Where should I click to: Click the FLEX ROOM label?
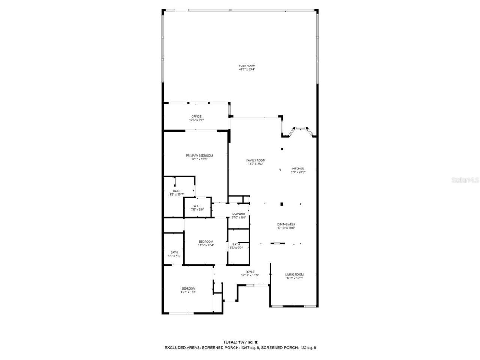[x=247, y=66]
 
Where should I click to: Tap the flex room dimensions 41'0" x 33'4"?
[x=247, y=69]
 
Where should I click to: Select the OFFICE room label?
[x=196, y=117]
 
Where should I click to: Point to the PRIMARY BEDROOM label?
[x=199, y=156]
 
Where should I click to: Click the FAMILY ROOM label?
[x=256, y=160]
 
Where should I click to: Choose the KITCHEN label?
[x=298, y=169]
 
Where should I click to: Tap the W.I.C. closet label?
[x=197, y=206]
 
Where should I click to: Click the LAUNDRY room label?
[x=238, y=214]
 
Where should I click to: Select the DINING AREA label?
[x=286, y=225]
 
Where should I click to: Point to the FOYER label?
[x=250, y=272]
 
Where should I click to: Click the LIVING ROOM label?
[x=294, y=274]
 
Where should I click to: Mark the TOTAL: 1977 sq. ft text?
[x=240, y=342]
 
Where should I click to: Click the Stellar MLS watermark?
[x=465, y=180]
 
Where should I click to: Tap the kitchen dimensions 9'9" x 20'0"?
[x=298, y=172]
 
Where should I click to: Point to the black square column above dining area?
[x=282, y=204]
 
